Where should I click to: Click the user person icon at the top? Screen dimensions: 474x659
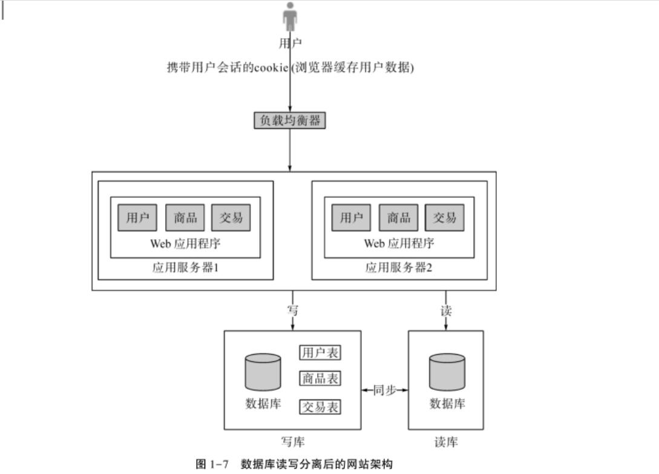coord(290,17)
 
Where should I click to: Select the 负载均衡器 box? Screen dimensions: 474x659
coord(290,120)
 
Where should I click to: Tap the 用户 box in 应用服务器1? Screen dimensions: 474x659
coord(137,218)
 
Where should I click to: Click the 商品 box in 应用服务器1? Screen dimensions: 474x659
coord(185,218)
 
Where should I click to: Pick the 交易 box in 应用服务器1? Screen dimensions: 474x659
coord(231,218)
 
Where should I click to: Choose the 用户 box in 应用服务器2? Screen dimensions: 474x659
coord(351,218)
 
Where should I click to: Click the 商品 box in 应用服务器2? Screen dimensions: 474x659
coord(399,218)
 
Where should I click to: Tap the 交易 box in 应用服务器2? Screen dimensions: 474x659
coord(445,218)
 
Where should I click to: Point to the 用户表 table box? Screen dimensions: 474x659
coord(320,352)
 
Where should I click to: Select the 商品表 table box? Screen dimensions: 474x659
coord(320,379)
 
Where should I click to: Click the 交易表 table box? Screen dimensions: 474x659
coord(320,407)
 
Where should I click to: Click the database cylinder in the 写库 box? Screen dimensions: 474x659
coord(263,372)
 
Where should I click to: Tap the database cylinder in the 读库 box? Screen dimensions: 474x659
coord(447,372)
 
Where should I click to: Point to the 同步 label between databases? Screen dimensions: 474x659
coord(384,390)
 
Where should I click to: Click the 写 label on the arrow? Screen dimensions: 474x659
coord(293,311)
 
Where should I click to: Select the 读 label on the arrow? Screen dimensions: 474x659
coord(446,311)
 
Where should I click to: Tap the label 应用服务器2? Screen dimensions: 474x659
coord(399,268)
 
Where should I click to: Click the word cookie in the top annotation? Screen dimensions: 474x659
coord(270,68)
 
